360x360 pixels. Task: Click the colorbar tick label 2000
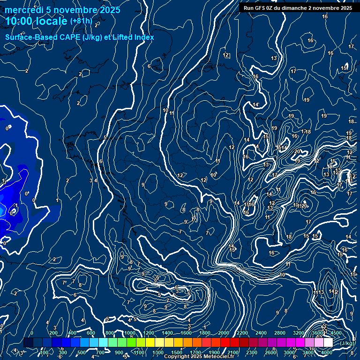click(224, 333)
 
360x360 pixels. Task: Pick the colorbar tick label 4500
click(336, 333)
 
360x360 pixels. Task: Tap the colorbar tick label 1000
click(130, 333)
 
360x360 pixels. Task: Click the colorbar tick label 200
click(53, 333)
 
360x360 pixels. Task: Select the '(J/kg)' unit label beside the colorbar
click(347, 343)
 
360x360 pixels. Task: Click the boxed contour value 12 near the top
click(226, 55)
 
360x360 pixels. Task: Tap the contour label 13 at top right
click(274, 58)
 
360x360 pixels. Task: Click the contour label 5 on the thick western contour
click(105, 137)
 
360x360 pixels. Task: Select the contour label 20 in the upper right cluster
click(297, 151)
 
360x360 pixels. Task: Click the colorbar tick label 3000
click(289, 352)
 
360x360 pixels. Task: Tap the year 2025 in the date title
click(109, 10)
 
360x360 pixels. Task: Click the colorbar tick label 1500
click(177, 352)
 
